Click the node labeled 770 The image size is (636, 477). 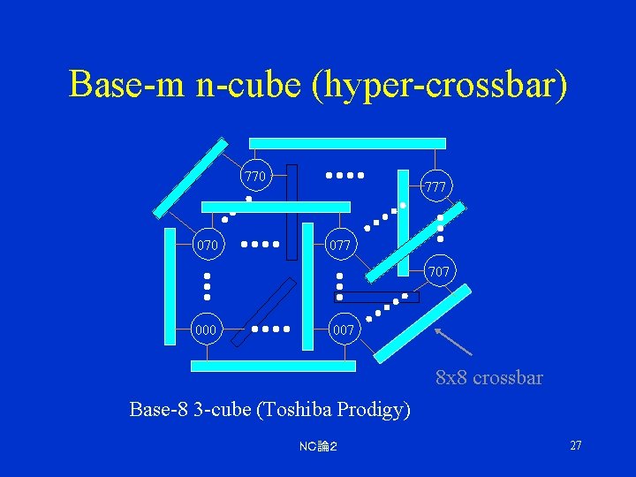click(255, 177)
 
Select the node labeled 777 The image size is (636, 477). click(435, 186)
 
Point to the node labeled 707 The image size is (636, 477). click(438, 271)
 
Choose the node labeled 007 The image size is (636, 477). click(344, 329)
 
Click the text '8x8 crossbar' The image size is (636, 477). click(489, 378)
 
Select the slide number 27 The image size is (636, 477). click(575, 445)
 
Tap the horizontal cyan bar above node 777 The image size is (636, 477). click(347, 142)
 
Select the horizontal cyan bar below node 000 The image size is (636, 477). click(274, 366)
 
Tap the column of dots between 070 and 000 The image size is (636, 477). click(208, 285)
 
